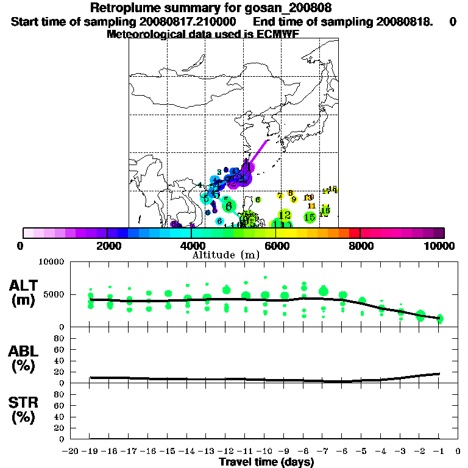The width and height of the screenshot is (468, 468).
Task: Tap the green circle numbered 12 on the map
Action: coord(285,215)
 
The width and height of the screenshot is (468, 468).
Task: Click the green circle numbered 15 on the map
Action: coord(310,216)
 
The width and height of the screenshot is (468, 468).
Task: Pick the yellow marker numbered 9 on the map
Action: coord(294,199)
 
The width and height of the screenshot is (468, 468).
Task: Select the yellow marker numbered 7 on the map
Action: coord(280,196)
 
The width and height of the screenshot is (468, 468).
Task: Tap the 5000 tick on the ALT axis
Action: coord(56,295)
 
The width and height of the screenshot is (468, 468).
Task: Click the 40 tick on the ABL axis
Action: coord(61,360)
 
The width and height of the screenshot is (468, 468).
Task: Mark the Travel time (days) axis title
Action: coord(267,462)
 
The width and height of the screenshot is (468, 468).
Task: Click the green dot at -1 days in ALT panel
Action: coord(439,318)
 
